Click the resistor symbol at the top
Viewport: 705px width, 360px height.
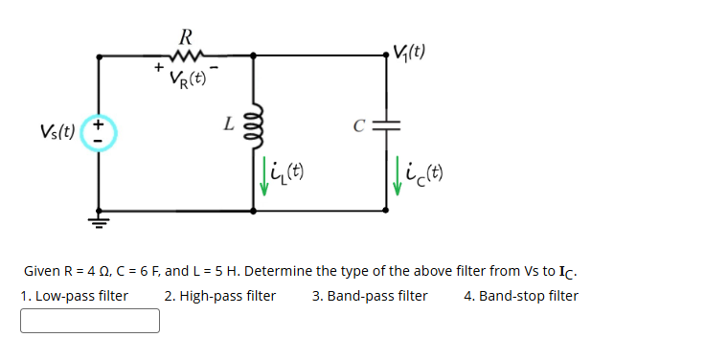pos(187,56)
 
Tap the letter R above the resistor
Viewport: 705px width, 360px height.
pos(187,37)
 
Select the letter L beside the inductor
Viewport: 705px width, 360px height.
pos(228,124)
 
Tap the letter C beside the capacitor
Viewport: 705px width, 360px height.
pos(359,124)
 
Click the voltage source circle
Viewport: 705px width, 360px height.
pos(101,133)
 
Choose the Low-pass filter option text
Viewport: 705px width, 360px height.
pos(75,296)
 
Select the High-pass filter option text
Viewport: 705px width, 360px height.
pos(220,296)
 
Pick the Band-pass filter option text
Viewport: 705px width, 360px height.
pos(370,296)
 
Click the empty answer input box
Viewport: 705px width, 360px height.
pos(90,320)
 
